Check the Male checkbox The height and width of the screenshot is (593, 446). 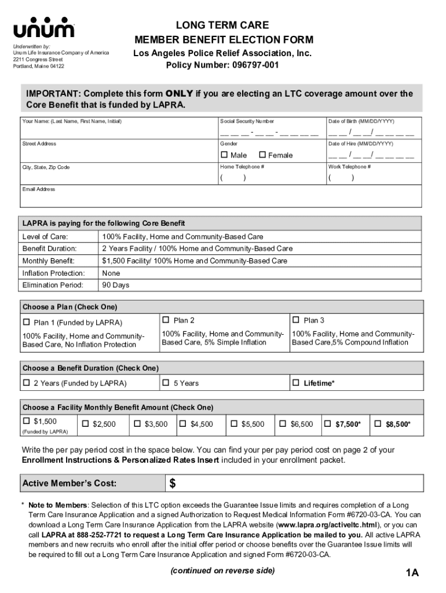(x=224, y=155)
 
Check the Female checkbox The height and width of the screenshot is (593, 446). (x=262, y=155)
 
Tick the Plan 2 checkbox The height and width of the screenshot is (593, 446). (x=166, y=320)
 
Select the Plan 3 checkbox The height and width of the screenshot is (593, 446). (x=296, y=320)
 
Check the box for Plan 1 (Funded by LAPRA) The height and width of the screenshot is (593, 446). (x=26, y=323)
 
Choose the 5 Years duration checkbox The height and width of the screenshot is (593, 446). (x=166, y=383)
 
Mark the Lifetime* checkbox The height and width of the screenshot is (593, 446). (x=296, y=383)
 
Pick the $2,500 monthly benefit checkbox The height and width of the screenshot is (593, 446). (x=85, y=424)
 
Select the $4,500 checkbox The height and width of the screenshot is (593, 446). (x=183, y=424)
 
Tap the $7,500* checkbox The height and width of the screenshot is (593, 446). (x=328, y=424)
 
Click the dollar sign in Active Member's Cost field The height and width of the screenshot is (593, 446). (x=173, y=484)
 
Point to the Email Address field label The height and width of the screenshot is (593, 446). (x=39, y=189)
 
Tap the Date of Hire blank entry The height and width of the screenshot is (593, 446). (x=371, y=155)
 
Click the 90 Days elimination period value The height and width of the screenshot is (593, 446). (x=116, y=285)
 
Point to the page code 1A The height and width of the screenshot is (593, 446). (x=412, y=573)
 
